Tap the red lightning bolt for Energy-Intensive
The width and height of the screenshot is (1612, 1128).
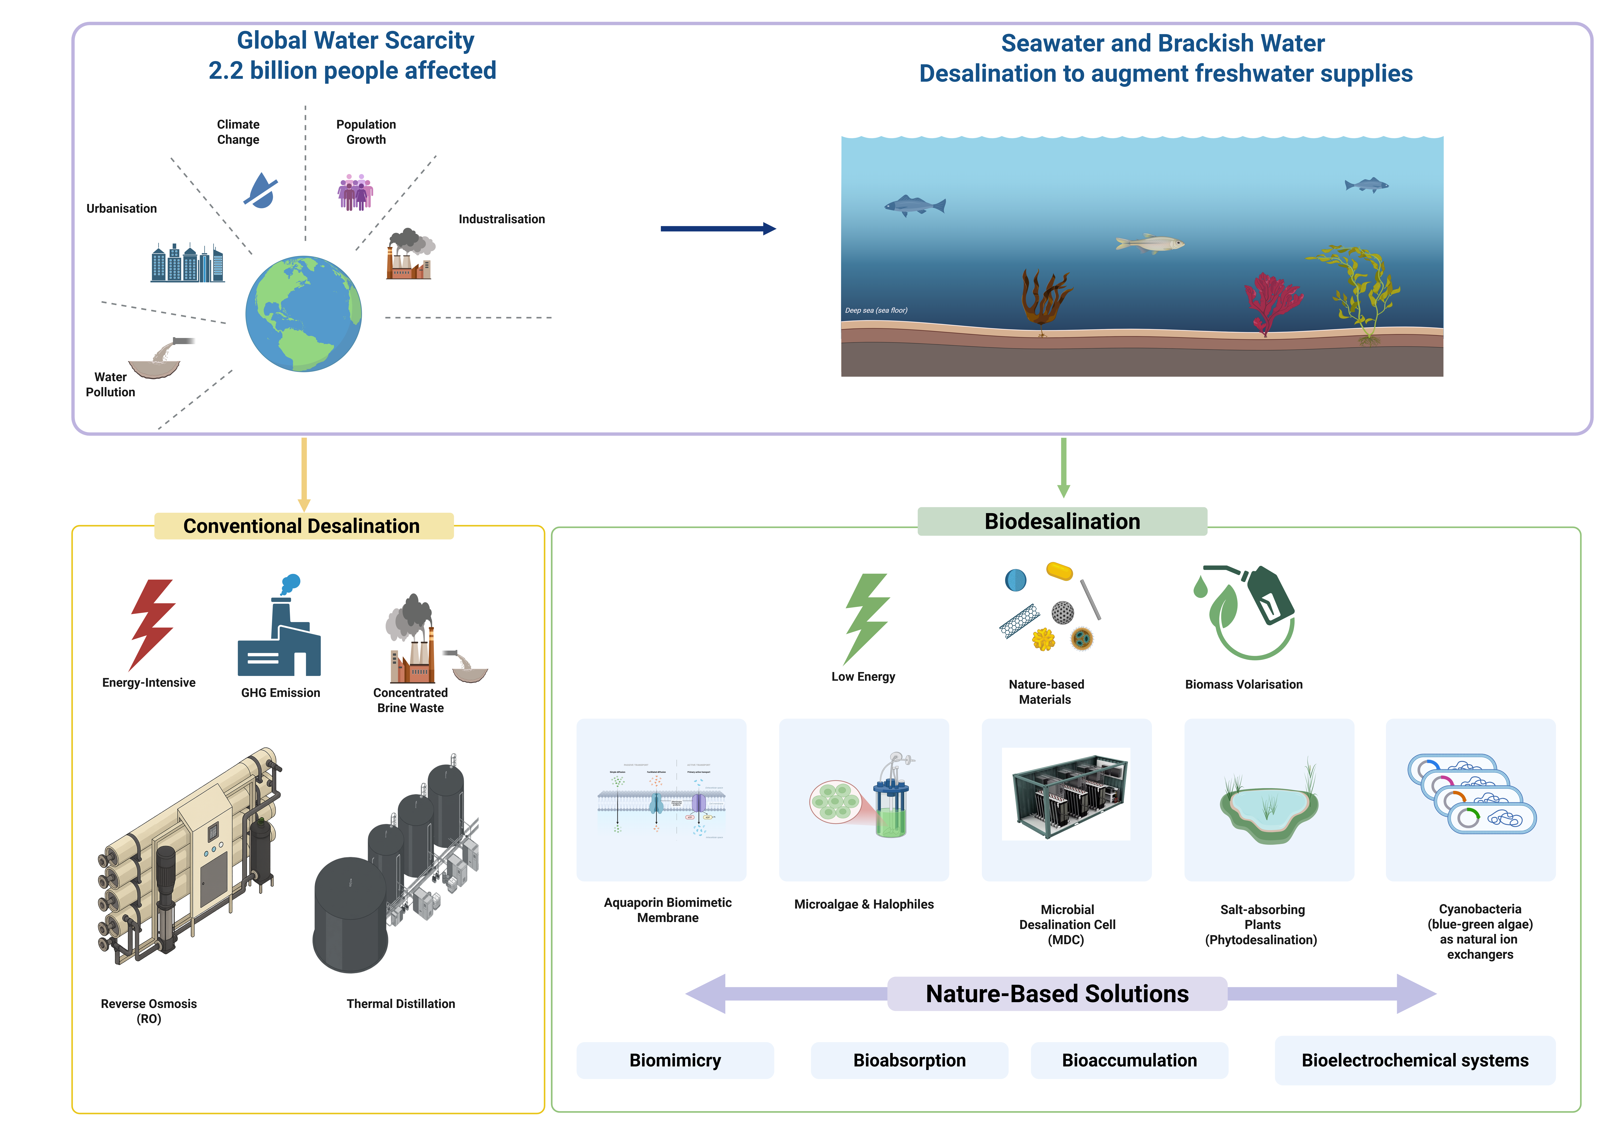point(152,623)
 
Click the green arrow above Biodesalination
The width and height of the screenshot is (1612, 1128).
point(1064,467)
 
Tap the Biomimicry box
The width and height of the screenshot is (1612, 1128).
point(675,1060)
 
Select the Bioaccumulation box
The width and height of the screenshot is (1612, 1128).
point(1129,1060)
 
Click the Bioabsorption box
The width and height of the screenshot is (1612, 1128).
point(909,1060)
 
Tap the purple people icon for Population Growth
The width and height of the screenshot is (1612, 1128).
point(355,192)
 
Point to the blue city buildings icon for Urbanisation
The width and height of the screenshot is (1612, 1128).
point(187,263)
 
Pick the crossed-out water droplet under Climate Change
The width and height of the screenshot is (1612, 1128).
point(261,190)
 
